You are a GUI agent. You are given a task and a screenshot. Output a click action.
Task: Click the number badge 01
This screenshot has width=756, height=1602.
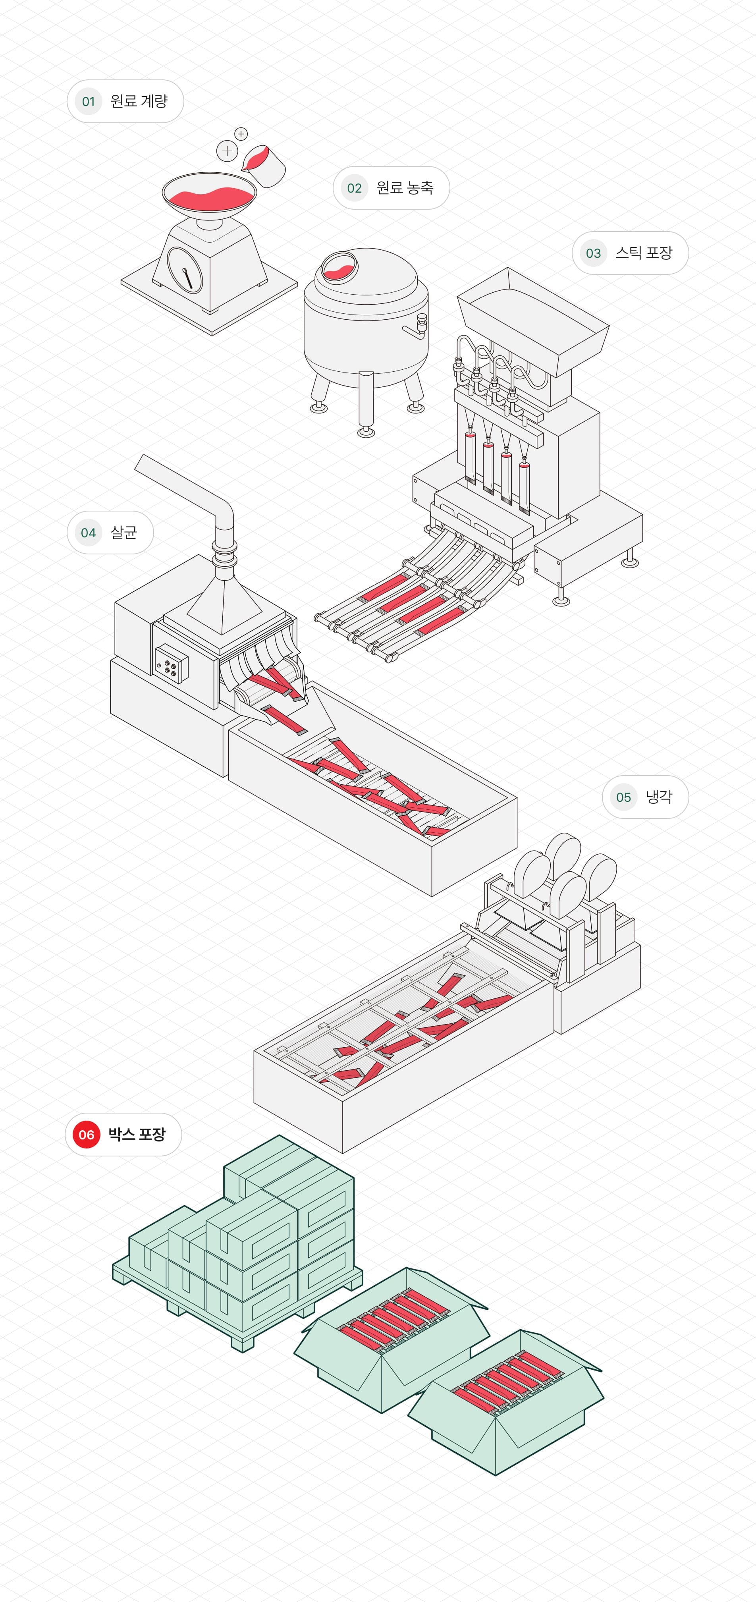click(x=88, y=101)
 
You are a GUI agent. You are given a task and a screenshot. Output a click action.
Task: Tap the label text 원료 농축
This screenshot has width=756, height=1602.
click(x=405, y=188)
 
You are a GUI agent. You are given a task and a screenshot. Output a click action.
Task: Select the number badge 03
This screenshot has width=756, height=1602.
click(x=593, y=253)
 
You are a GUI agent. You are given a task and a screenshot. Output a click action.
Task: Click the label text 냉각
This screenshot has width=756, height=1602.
click(x=658, y=797)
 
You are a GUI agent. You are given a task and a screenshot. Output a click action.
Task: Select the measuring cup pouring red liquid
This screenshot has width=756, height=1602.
click(x=264, y=166)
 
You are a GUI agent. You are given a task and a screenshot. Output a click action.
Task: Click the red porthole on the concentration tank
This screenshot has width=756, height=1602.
click(x=339, y=266)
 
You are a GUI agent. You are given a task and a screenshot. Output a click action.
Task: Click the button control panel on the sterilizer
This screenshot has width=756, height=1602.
click(x=170, y=665)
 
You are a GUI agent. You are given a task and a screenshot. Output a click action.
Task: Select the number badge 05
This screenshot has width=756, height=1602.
click(x=623, y=797)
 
